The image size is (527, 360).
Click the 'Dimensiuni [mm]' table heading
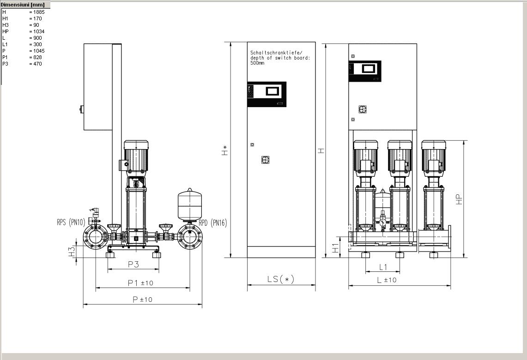coord(23,5)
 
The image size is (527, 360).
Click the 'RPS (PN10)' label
coord(71,222)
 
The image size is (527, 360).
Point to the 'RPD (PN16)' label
coord(213,222)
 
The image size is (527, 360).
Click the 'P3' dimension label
coord(133,264)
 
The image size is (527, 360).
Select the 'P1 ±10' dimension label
coord(140,283)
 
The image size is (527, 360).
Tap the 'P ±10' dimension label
coord(143,299)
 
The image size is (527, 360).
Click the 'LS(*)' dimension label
coord(281,279)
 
